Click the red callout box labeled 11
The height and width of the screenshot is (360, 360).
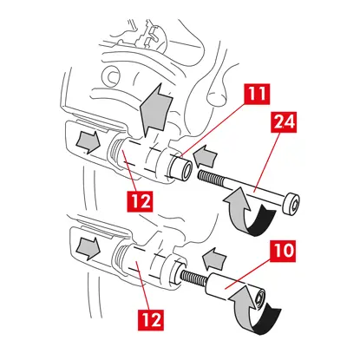257,95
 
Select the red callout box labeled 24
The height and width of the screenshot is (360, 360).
284,122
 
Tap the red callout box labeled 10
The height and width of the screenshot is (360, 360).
283,251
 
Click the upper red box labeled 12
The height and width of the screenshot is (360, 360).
140,201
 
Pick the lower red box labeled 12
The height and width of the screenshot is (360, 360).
151,320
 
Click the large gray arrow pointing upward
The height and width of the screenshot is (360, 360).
155,110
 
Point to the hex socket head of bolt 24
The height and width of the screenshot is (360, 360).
291,205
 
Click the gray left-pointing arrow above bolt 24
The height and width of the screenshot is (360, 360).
205,156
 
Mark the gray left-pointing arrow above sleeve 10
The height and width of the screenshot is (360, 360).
214,259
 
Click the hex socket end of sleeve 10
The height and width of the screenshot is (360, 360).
260,298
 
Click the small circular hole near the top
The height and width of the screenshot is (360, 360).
111,76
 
